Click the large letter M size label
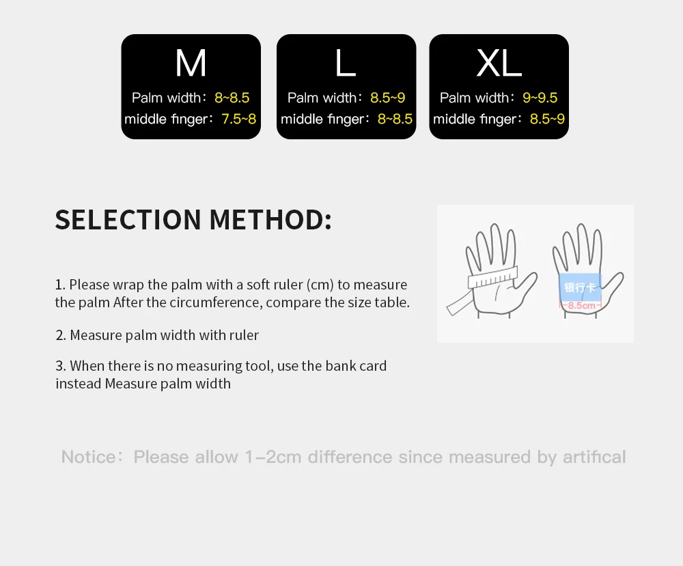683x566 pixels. click(191, 63)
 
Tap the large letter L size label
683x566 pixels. click(346, 63)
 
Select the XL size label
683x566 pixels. click(499, 63)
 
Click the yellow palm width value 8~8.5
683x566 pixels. click(232, 98)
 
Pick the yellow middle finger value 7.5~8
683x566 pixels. click(239, 119)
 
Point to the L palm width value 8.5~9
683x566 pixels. click(388, 98)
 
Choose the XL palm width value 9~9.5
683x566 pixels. click(540, 98)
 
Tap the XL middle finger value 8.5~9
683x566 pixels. click(547, 119)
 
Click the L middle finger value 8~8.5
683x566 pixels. click(395, 119)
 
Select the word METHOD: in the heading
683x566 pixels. click(270, 220)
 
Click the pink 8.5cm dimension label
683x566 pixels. click(581, 305)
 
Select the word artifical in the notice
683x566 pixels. click(594, 457)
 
